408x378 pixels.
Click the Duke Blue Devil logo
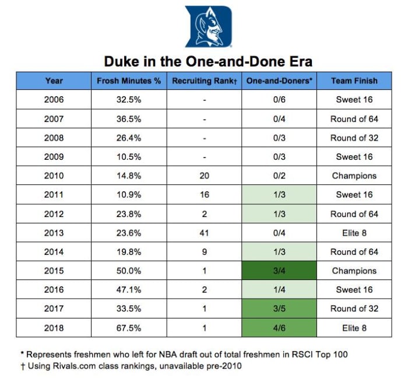208,26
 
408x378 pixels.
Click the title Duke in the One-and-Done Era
208,61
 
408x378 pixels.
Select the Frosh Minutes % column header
129,81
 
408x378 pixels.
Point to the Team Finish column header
354,81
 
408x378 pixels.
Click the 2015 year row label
54,271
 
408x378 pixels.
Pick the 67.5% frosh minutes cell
129,328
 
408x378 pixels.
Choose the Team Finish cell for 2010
354,176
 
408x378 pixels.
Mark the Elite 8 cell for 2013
354,233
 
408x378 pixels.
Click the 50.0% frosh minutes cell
129,271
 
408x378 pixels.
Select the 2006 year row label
54,100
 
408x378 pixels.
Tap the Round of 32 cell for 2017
354,309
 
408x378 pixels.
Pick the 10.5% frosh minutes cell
129,157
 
